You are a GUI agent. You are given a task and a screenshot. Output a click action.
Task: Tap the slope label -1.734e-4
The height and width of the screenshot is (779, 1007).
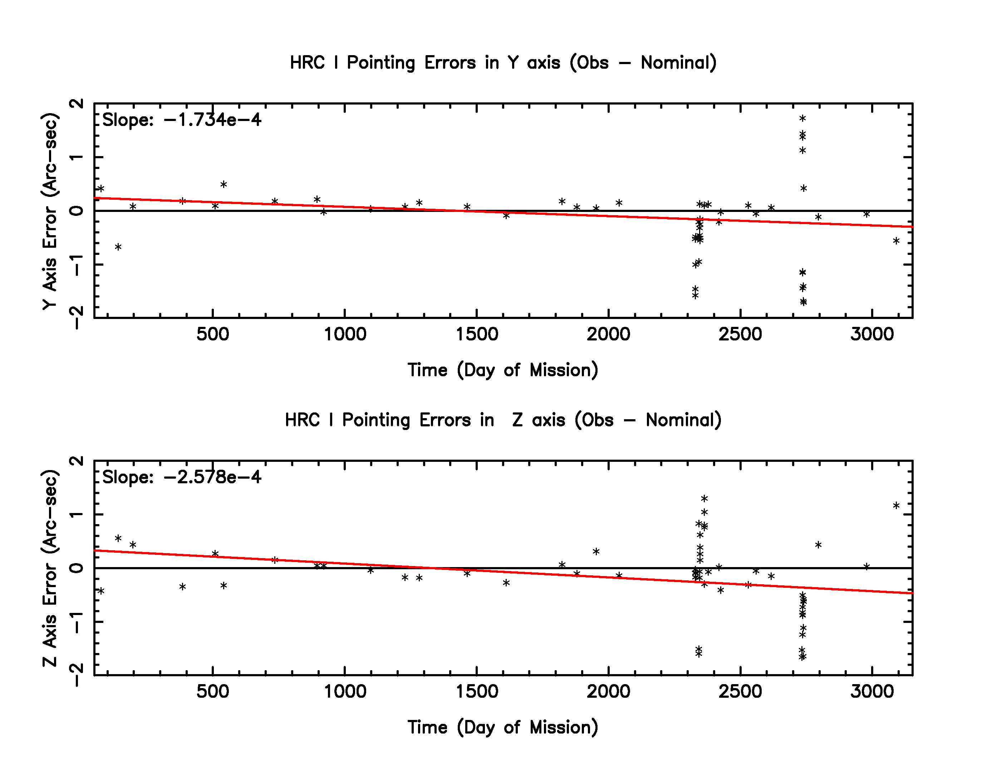pyautogui.click(x=182, y=120)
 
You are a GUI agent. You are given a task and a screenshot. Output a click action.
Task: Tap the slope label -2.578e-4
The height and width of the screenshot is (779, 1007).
pyautogui.click(x=182, y=477)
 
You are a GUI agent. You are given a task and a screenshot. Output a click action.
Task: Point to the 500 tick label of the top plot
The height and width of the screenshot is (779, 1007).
pyautogui.click(x=212, y=334)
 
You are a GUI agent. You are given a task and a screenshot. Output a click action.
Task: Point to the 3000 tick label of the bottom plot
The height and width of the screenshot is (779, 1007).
pyautogui.click(x=872, y=691)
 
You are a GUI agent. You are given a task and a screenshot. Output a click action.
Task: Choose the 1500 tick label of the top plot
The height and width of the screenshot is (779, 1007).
pyautogui.click(x=477, y=334)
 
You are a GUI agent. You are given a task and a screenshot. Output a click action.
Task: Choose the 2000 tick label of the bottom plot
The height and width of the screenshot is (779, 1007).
pyautogui.click(x=608, y=691)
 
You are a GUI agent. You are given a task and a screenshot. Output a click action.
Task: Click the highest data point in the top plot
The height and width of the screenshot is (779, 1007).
pyautogui.click(x=802, y=118)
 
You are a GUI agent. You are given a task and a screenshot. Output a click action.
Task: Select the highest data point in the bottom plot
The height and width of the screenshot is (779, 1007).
pyautogui.click(x=704, y=498)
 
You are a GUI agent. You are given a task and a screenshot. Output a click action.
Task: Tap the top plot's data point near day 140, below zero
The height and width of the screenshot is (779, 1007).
pyautogui.click(x=118, y=247)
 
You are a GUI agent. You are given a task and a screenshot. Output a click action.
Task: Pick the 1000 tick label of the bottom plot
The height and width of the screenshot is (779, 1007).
pyautogui.click(x=345, y=691)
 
